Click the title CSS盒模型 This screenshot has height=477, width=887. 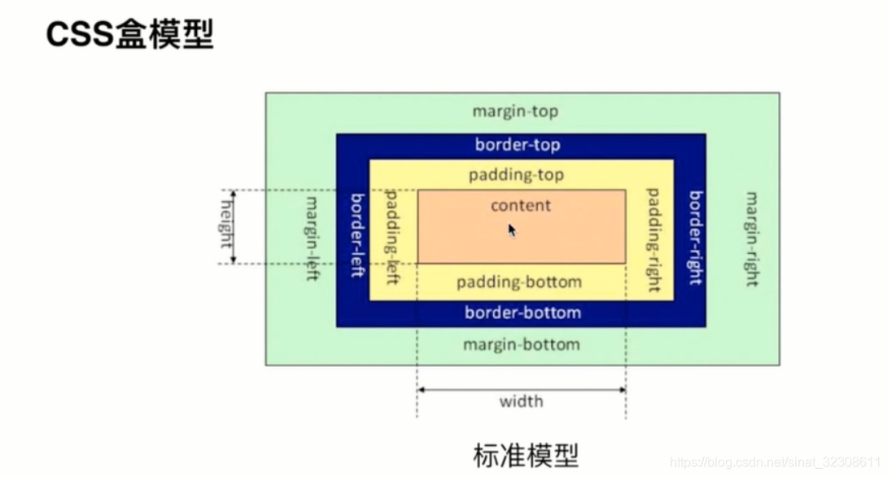tap(129, 34)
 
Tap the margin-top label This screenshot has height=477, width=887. tap(516, 112)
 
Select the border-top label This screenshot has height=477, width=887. tap(518, 146)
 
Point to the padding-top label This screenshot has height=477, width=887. tap(516, 175)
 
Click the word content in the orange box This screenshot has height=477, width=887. tap(521, 205)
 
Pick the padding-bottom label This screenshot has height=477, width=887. tap(519, 282)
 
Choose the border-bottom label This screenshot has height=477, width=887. tap(522, 313)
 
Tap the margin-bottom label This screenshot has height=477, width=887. tap(522, 344)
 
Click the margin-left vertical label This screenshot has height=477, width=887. tap(311, 238)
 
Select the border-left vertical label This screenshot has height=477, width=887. tap(356, 235)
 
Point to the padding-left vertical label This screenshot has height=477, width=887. tap(391, 237)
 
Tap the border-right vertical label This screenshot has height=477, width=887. tap(694, 237)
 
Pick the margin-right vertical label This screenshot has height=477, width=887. tap(752, 238)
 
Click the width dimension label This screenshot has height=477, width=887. tap(521, 401)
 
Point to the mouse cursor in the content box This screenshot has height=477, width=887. tap(512, 230)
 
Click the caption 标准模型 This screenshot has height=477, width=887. tap(526, 454)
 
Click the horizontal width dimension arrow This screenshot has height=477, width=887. tap(521, 390)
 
